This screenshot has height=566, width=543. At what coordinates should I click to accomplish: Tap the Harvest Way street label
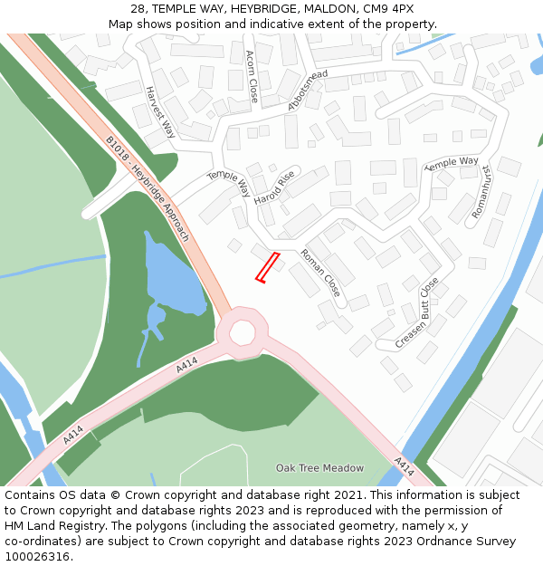tap(160, 112)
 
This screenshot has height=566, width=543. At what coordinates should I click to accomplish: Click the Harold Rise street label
tap(274, 188)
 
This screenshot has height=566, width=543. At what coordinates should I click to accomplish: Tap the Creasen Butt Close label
tap(417, 312)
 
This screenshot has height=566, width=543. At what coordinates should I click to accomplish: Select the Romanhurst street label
tap(481, 191)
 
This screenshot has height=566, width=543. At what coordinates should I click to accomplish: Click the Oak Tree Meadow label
tap(319, 468)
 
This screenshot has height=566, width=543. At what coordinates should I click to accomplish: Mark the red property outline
tap(266, 268)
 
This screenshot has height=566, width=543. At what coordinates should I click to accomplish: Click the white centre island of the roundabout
tap(242, 332)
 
